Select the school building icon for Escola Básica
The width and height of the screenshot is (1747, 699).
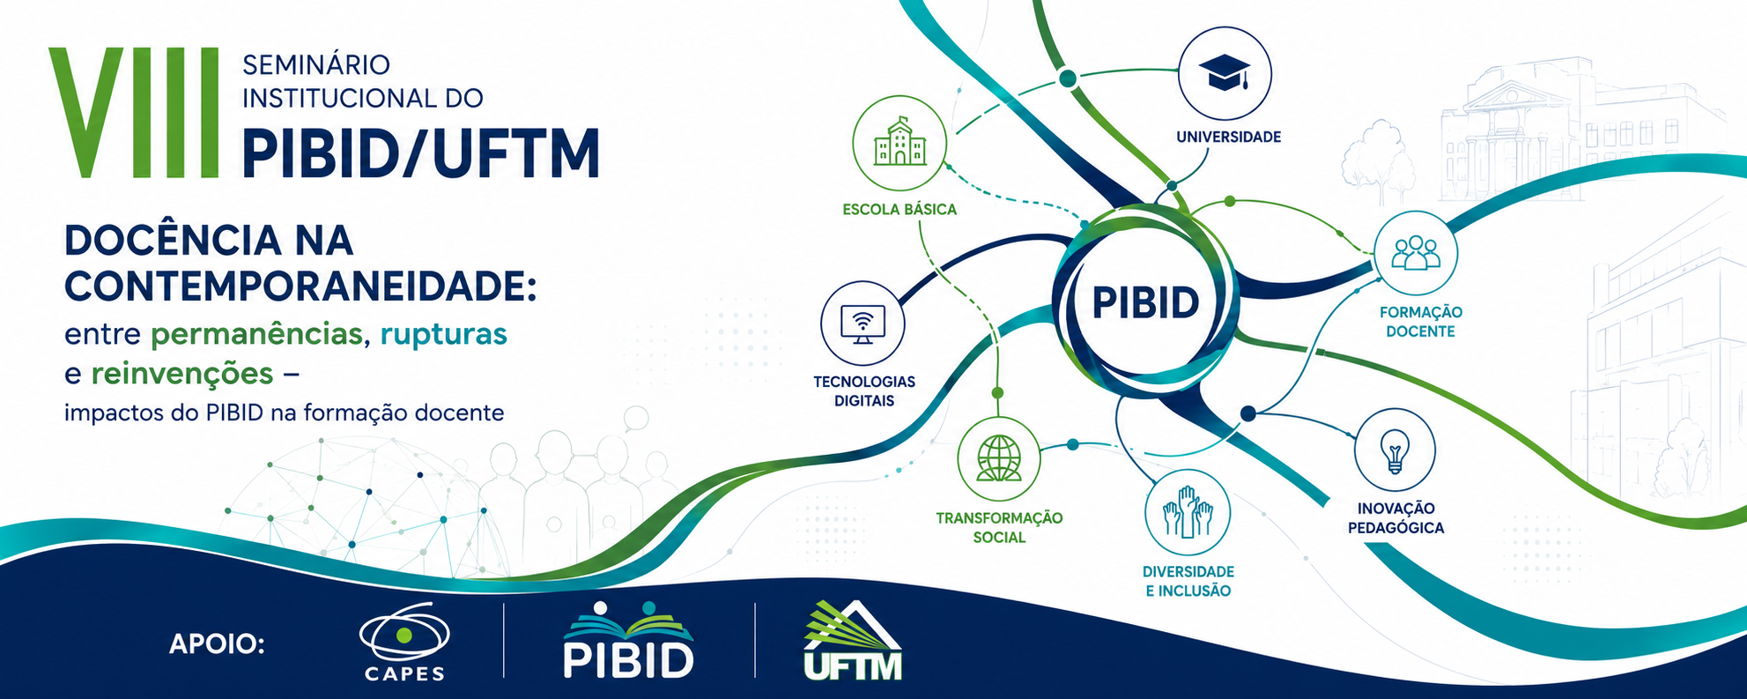[899, 142]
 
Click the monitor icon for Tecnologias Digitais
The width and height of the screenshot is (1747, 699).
[862, 323]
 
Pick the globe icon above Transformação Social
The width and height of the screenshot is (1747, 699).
[999, 458]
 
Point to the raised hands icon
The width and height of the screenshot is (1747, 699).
[1187, 512]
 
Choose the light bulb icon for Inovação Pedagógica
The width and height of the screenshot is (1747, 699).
[1395, 450]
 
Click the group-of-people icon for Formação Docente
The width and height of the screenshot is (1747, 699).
[1416, 252]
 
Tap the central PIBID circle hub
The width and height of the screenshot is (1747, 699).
[1145, 301]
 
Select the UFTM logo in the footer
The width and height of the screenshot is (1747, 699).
[853, 641]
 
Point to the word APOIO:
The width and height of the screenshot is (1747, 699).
[217, 644]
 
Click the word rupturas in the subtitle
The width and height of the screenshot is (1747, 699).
[443, 334]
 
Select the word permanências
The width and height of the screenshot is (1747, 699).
[256, 335]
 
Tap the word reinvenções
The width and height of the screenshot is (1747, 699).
[182, 374]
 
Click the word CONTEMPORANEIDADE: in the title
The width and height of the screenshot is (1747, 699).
[300, 286]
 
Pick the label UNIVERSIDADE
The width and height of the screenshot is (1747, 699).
[1228, 137]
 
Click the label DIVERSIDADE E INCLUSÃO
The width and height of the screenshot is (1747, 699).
[1188, 581]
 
